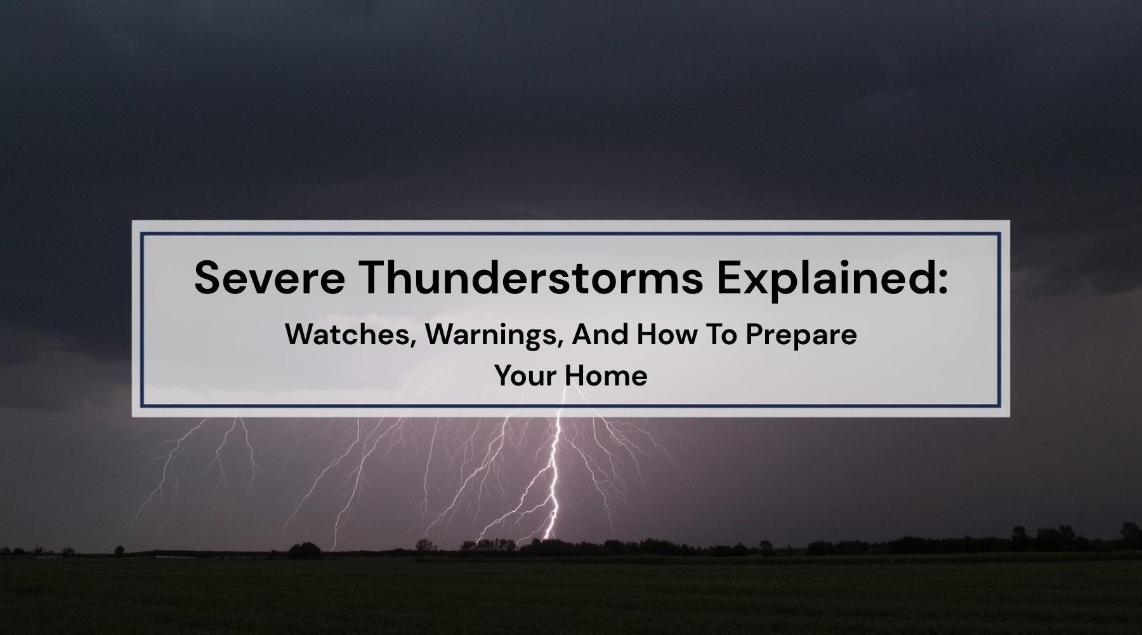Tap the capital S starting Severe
(206, 277)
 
